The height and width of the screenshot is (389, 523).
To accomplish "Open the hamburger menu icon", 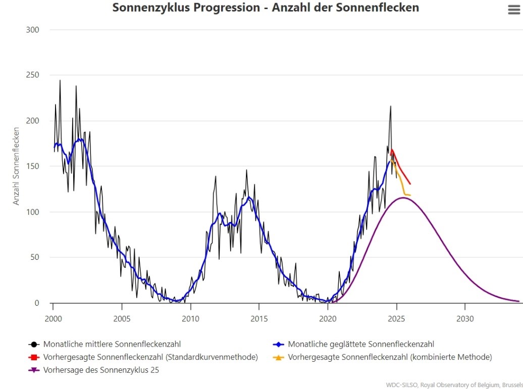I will [x=513, y=10].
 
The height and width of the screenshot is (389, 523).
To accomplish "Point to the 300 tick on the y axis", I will [x=32, y=30].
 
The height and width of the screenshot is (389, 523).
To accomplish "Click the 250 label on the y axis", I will [x=32, y=75].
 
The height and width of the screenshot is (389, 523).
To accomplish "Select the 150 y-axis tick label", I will [x=32, y=166].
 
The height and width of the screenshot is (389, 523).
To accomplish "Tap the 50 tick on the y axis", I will [x=34, y=257].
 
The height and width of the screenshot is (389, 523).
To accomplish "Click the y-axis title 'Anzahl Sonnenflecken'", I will [x=16, y=166].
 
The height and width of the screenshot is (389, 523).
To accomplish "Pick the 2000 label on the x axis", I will [x=53, y=319].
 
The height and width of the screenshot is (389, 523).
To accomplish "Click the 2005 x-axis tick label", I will [x=121, y=319].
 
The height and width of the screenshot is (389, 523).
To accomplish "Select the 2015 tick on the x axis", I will [x=258, y=319].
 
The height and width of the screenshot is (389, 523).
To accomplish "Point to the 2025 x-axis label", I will [x=396, y=319].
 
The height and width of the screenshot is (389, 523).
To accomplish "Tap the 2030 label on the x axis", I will [x=465, y=319].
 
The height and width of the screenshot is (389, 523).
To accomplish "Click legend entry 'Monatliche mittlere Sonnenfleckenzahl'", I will [x=112, y=344].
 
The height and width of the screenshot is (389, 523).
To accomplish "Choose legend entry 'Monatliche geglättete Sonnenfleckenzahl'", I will [x=360, y=344].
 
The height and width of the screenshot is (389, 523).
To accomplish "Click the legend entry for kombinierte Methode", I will [x=389, y=357].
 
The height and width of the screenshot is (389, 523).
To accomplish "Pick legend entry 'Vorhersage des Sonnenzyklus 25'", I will [x=101, y=370].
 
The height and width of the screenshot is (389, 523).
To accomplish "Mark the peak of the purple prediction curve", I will [x=404, y=198].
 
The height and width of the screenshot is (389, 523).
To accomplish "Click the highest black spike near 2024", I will [x=390, y=106].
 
